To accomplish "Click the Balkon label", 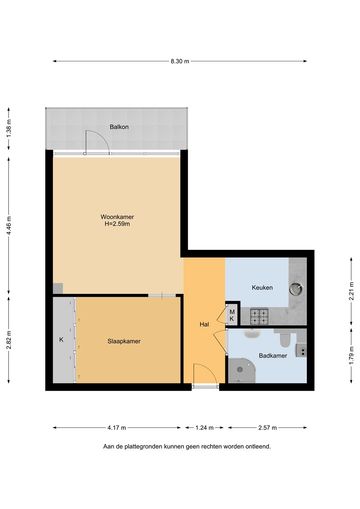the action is [x=119, y=127].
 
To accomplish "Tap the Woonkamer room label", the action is [x=117, y=217].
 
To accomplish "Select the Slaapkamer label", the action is [x=124, y=341].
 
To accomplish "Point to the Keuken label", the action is [x=262, y=287].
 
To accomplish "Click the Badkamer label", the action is [x=273, y=356].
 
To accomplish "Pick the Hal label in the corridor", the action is [x=204, y=324].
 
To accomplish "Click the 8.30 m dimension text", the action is [x=180, y=61].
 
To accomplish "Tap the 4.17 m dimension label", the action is [x=117, y=428].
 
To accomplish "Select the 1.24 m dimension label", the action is [x=204, y=428].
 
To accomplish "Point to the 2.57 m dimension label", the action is [x=268, y=428].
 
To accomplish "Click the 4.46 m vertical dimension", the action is [x=9, y=225].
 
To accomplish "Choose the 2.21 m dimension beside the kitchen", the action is [x=351, y=291].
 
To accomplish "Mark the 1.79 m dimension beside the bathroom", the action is [x=351, y=356].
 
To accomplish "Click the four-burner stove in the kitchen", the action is [x=259, y=317].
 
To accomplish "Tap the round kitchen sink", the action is [x=295, y=289].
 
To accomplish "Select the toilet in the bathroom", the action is [x=284, y=338].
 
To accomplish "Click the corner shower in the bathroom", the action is [x=242, y=370].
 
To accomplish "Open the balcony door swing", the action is [x=97, y=142].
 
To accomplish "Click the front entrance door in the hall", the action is [x=205, y=374].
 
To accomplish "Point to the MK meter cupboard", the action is [x=232, y=315].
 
